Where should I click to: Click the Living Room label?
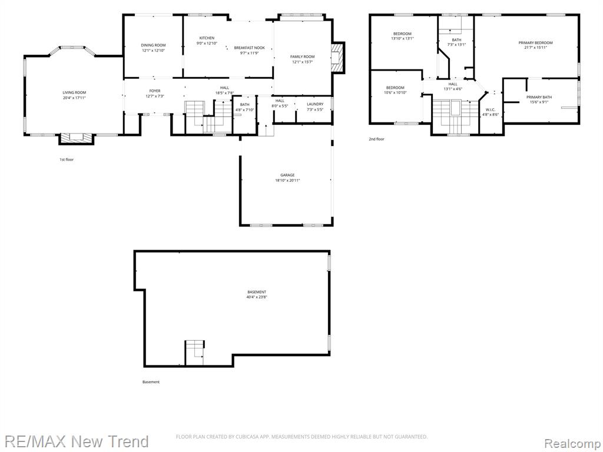74,92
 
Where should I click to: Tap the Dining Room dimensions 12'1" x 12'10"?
153,51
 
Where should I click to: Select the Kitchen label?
207,38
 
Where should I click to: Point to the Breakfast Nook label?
250,48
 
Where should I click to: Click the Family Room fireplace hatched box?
337,57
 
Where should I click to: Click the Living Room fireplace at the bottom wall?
77,138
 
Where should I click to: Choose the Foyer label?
155,91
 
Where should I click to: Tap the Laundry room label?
315,104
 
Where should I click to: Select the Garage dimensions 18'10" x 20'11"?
287,180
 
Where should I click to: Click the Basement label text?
257,292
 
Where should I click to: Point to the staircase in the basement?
194,352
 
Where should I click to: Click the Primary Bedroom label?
535,42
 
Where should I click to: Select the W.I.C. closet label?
491,109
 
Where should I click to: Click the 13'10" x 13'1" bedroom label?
402,36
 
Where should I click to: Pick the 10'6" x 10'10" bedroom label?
395,90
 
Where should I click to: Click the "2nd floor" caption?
376,139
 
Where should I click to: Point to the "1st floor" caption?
67,159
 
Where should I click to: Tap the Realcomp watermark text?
572,444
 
